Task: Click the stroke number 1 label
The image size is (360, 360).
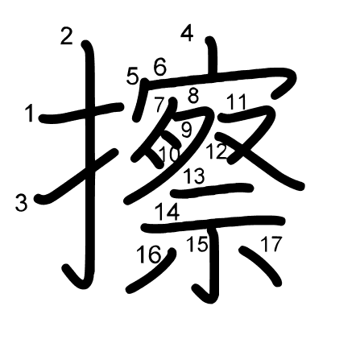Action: click(x=30, y=115)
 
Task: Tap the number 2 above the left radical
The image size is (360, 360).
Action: click(x=66, y=35)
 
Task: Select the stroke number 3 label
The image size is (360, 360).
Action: click(x=22, y=203)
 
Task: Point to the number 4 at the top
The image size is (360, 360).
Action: click(x=187, y=34)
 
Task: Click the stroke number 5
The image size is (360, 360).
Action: click(x=133, y=77)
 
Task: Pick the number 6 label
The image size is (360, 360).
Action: click(x=159, y=68)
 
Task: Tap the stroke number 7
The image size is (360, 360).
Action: click(x=159, y=103)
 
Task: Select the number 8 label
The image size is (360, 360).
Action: click(x=193, y=96)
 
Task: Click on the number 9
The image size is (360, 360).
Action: click(x=185, y=129)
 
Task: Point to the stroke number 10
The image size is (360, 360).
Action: click(x=169, y=154)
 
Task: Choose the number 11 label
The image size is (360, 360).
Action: click(x=236, y=102)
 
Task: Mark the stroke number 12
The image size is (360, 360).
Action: click(x=215, y=151)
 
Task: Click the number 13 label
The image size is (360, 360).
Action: click(x=193, y=176)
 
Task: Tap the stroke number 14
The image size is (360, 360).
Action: click(x=168, y=213)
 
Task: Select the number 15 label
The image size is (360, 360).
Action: click(x=197, y=244)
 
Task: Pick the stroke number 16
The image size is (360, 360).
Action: click(x=148, y=256)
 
